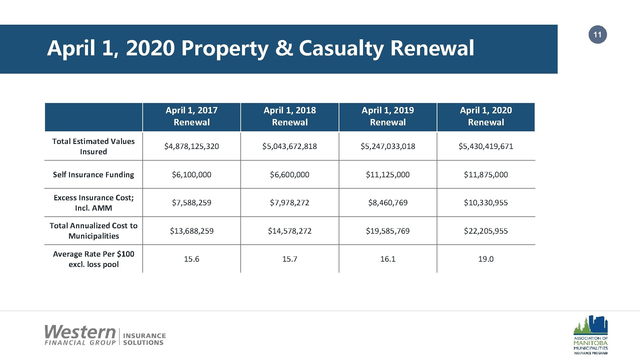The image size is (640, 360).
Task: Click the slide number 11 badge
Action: pos(597,35)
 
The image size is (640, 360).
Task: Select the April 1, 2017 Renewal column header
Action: pos(192,116)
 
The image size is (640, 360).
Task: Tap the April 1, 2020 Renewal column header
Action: pos(486,116)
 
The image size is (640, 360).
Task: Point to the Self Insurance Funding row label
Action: pos(93,175)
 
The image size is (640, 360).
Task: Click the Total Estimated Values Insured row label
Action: pos(93,146)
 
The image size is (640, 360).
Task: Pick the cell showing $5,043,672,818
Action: pos(289,146)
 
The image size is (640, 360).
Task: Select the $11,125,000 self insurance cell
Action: pos(388,175)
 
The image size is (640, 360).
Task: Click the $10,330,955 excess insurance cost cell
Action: pos(486,203)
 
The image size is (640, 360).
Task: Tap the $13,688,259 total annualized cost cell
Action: pos(192,231)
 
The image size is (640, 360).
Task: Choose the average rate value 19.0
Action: pos(486,259)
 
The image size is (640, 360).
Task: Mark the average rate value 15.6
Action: pos(192,259)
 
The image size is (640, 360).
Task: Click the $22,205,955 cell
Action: pos(486,231)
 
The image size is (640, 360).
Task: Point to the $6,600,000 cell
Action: pos(289,175)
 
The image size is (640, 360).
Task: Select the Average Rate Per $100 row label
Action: pos(93,259)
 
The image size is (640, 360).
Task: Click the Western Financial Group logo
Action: pos(105,335)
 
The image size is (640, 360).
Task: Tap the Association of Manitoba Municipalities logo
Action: pos(590,335)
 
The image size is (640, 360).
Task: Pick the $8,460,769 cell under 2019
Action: pos(388,203)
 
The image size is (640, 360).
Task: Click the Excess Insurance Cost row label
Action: pos(93,203)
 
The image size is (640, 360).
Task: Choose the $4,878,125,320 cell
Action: pos(192,146)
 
